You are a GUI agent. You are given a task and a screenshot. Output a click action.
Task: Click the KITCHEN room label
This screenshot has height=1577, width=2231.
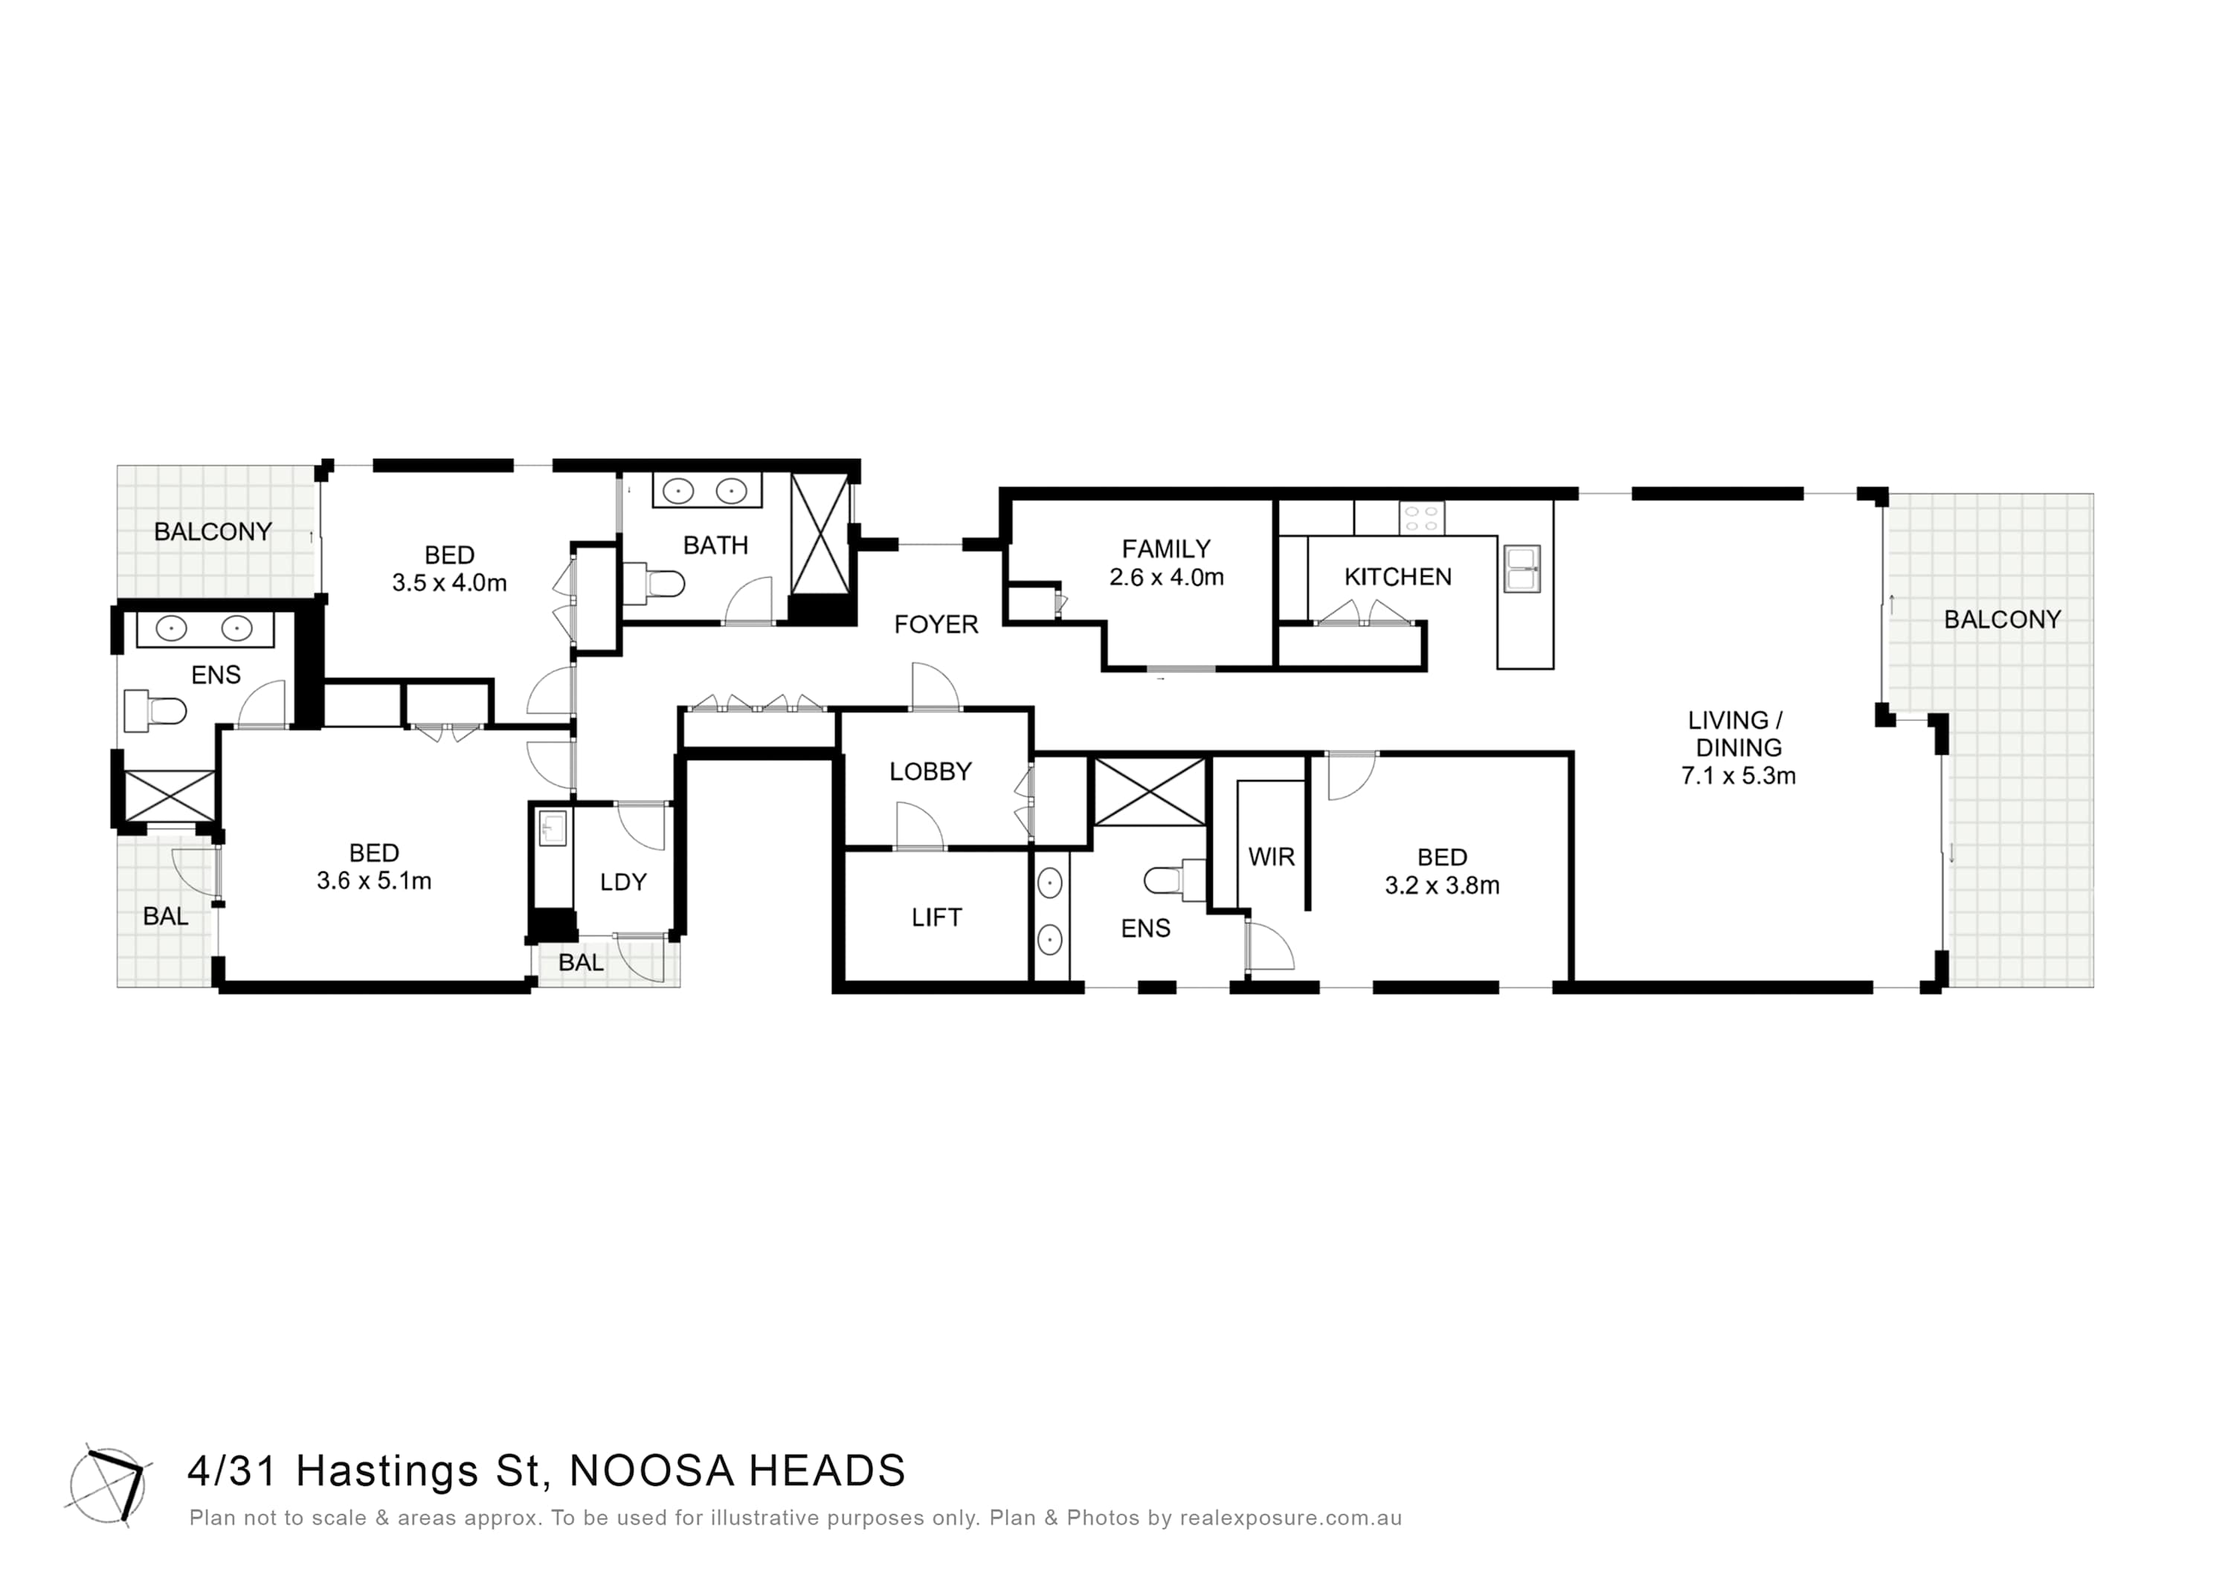pos(1397,577)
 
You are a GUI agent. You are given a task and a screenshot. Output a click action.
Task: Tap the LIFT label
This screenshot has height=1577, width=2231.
pos(937,918)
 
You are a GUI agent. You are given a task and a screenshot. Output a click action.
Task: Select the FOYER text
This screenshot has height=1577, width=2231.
pos(936,625)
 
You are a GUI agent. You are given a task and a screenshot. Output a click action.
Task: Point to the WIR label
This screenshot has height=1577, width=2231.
pos(1271,857)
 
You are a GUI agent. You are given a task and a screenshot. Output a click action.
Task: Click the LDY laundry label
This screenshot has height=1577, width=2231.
pos(623,883)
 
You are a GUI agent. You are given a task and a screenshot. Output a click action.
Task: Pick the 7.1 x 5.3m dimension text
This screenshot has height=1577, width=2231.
pos(1739,776)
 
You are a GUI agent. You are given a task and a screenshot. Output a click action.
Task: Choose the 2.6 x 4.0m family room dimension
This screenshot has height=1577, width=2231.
pos(1166,577)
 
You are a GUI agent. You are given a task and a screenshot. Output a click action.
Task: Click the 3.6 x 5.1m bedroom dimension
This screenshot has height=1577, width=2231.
pos(374,881)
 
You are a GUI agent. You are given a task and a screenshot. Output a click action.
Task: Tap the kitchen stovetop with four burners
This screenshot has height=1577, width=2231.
pos(1422,518)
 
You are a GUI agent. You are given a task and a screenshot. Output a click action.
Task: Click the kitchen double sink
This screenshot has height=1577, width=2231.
pos(1522,569)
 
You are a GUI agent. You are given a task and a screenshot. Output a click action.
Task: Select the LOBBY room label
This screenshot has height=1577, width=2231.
pos(930,772)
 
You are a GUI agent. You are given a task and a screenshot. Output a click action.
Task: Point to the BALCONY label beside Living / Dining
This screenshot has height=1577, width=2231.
pos(2002,620)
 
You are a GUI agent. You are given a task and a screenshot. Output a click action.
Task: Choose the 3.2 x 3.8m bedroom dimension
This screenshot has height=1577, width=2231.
pos(1442,886)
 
